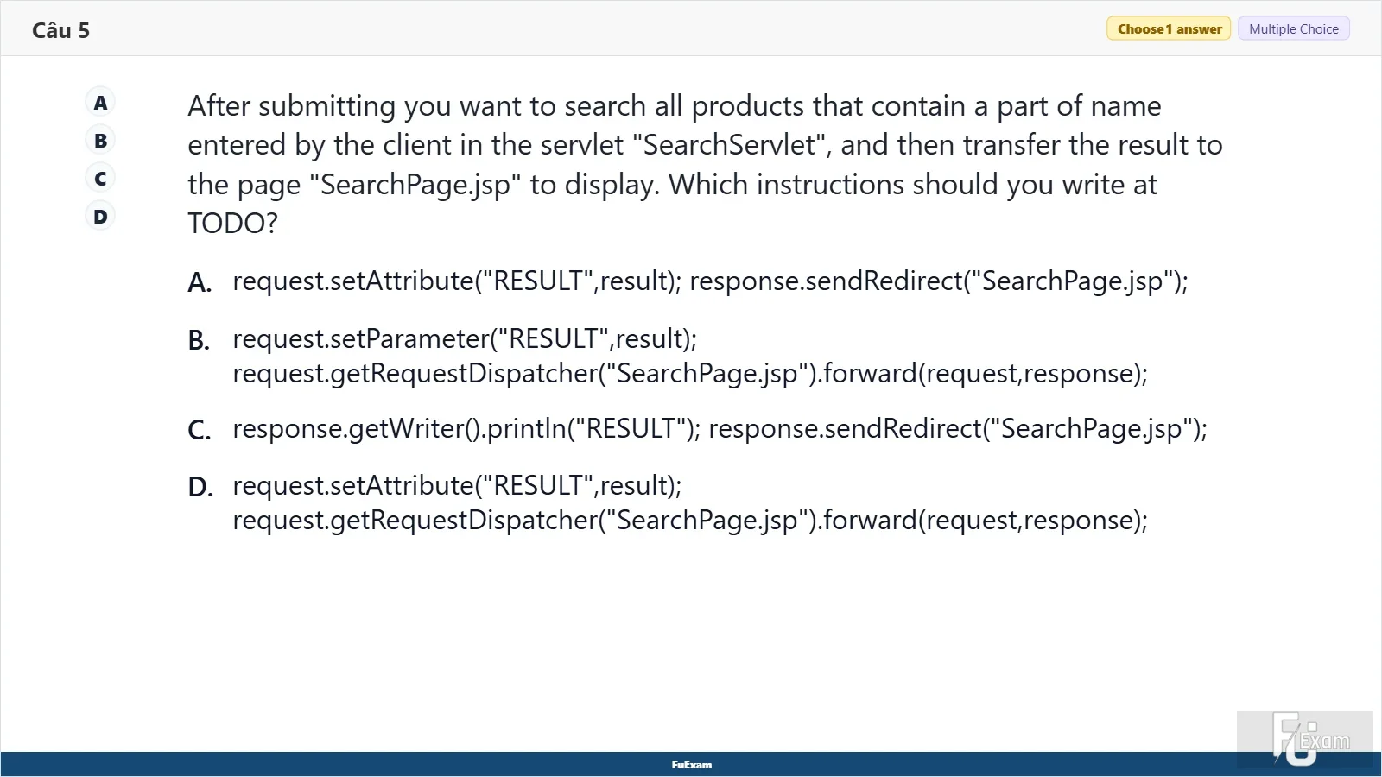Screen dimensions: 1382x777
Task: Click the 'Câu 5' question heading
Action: (60, 30)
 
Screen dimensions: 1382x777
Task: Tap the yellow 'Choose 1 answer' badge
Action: (1169, 29)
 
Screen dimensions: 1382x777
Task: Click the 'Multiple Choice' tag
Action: (1294, 29)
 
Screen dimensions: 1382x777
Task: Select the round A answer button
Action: (100, 103)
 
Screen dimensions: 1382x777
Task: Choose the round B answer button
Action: (100, 141)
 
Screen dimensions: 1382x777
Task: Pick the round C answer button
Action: (100, 179)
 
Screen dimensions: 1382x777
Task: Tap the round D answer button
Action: (100, 217)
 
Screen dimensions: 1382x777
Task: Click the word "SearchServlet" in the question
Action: (729, 145)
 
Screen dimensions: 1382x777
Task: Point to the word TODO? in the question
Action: (232, 224)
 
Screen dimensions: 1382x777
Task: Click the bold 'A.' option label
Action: (200, 282)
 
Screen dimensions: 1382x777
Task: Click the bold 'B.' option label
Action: (199, 340)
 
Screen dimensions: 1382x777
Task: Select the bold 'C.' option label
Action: (200, 430)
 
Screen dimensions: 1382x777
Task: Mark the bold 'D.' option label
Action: (200, 487)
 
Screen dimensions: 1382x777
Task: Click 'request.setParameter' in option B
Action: (361, 339)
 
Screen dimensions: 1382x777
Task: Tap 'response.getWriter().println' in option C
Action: (399, 428)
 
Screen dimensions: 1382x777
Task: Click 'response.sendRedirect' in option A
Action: (826, 281)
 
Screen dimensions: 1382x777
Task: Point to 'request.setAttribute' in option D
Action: (353, 486)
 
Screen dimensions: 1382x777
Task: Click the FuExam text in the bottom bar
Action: (692, 765)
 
